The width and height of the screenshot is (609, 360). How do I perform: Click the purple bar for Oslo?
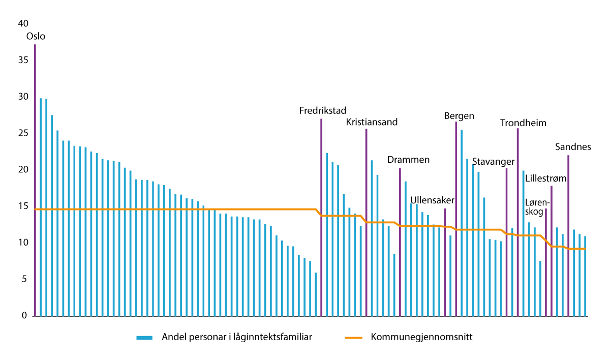point(35,181)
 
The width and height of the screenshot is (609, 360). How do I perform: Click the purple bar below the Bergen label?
point(456,219)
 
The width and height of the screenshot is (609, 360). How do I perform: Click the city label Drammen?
point(408,160)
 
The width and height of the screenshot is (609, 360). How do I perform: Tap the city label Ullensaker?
point(432,200)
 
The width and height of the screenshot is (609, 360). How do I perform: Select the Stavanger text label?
point(494,162)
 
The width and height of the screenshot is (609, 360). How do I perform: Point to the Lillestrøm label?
point(545,178)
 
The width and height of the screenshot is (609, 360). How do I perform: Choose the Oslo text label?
point(36,37)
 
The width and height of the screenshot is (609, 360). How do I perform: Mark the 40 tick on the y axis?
point(23,23)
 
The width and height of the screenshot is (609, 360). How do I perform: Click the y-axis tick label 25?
point(23,133)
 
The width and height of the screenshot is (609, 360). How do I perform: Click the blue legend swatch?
point(144,338)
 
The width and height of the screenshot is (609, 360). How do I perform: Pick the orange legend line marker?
point(353,338)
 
